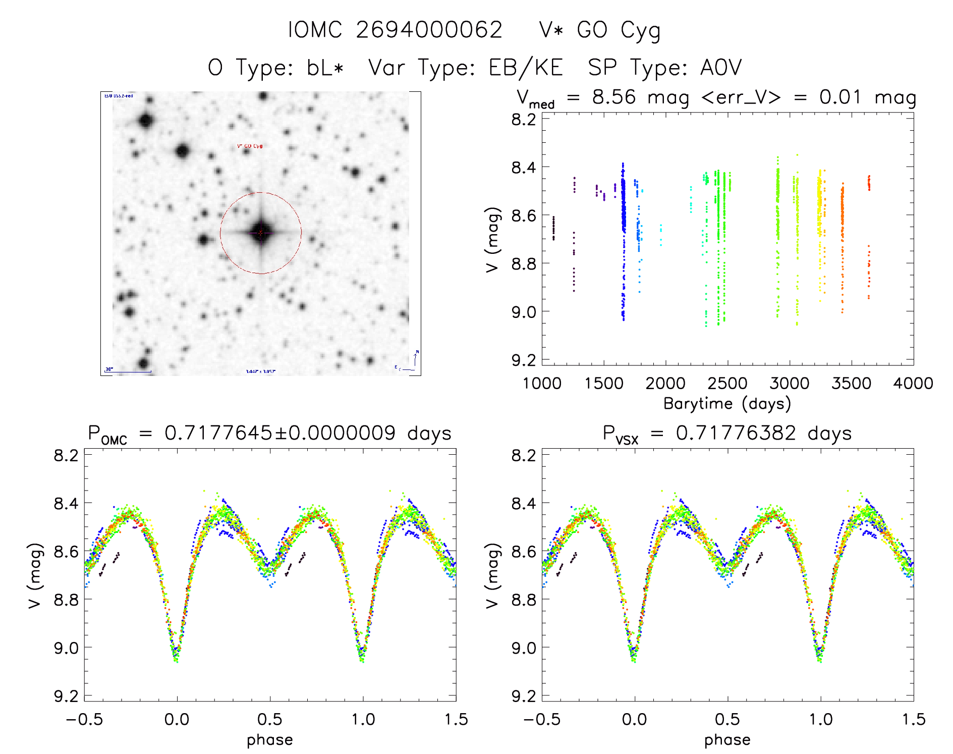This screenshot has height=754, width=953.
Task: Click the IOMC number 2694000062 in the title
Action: coord(429,30)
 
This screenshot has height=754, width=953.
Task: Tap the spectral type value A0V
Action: coord(721,68)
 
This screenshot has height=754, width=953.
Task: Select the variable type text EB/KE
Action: coord(526,68)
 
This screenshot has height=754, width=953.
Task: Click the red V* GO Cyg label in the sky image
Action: coord(250,146)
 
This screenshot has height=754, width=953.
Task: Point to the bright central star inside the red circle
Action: coord(260,233)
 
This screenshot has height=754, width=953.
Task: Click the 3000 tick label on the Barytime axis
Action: coord(790,384)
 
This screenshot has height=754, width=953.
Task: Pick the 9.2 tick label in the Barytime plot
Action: coord(524,360)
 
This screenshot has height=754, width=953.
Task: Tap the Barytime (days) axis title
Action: coord(727,404)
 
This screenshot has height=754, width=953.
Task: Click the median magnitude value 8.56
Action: coord(614,97)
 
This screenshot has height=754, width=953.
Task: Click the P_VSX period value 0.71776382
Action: coord(736,433)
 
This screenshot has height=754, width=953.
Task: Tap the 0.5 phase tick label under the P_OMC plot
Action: coord(270,719)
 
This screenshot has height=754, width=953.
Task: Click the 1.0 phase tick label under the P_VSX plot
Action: coord(821,719)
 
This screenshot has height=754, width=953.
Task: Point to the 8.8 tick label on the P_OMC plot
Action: coord(66,600)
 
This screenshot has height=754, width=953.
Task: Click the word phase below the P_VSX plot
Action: coord(727,740)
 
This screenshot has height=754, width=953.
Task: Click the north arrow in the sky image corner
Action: coord(416,357)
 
